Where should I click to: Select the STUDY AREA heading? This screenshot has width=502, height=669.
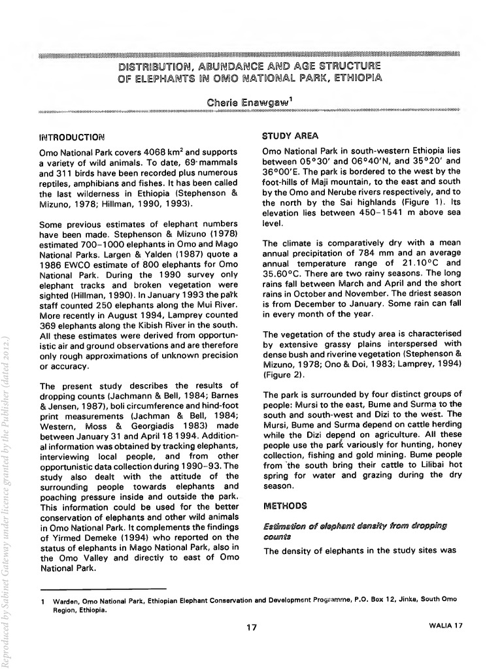point(290,137)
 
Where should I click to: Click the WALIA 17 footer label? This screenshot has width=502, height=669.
point(445,626)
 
